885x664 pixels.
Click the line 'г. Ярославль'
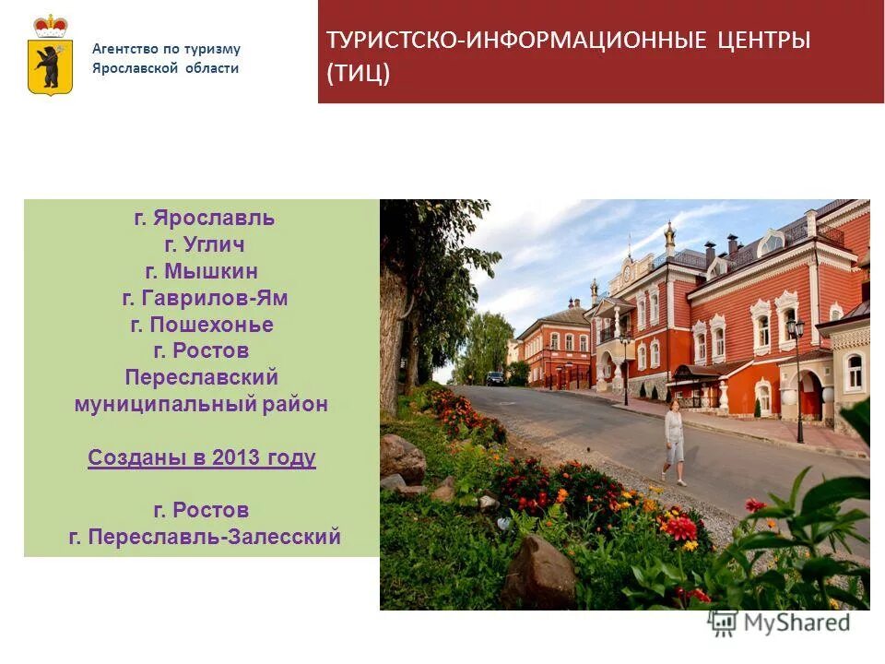pyautogui.click(x=205, y=219)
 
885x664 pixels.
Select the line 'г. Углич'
pyautogui.click(x=205, y=245)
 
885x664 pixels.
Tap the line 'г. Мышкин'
pyautogui.click(x=202, y=271)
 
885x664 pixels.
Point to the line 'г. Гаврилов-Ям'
pyautogui.click(x=205, y=298)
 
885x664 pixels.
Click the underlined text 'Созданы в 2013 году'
pyautogui.click(x=202, y=457)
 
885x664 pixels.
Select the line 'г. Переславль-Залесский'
pyautogui.click(x=205, y=536)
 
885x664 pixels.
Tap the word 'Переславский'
pyautogui.click(x=202, y=377)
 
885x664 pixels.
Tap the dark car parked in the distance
pyautogui.click(x=496, y=378)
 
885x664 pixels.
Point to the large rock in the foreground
pyautogui.click(x=539, y=572)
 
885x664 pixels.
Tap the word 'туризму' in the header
pyautogui.click(x=215, y=49)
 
